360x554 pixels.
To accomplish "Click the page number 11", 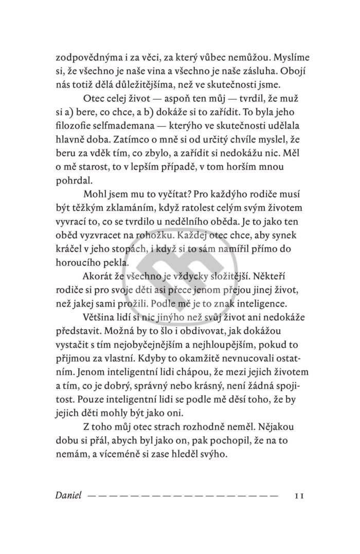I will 299,496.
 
